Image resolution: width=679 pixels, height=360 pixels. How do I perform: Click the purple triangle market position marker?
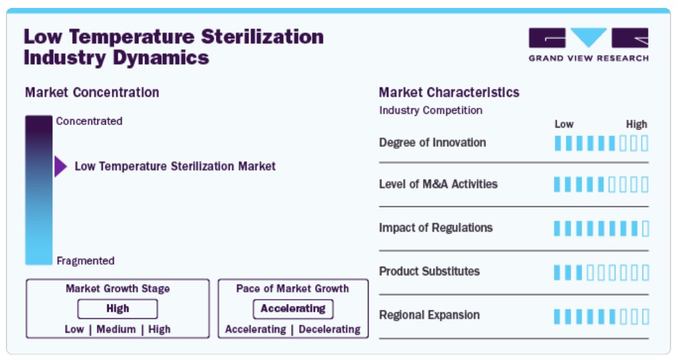pyautogui.click(x=60, y=166)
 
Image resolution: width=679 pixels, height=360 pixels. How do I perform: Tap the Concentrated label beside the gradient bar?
pyautogui.click(x=89, y=121)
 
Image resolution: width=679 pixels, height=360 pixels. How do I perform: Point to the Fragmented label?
pyautogui.click(x=86, y=261)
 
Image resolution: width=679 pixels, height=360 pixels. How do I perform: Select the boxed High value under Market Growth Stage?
pyautogui.click(x=117, y=309)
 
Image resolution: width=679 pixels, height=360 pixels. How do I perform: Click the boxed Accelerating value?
pyautogui.click(x=293, y=309)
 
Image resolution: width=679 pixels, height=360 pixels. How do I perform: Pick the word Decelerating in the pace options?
pyautogui.click(x=330, y=330)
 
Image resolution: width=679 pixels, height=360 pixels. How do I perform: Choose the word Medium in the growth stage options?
pyautogui.click(x=116, y=330)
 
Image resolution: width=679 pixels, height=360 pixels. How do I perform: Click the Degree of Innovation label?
pyautogui.click(x=432, y=142)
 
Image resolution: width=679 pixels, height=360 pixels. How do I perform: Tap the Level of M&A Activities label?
pyautogui.click(x=438, y=184)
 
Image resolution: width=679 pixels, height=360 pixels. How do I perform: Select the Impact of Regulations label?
pyautogui.click(x=435, y=228)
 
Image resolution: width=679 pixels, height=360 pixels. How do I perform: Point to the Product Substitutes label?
pyautogui.click(x=429, y=271)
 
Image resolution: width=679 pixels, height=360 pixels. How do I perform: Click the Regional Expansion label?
pyautogui.click(x=429, y=315)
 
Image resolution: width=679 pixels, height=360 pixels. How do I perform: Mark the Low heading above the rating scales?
pyautogui.click(x=564, y=124)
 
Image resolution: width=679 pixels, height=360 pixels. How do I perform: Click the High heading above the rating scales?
pyautogui.click(x=637, y=124)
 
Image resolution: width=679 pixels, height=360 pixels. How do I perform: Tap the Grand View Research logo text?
pyautogui.click(x=588, y=58)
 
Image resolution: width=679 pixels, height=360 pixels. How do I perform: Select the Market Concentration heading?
pyautogui.click(x=92, y=92)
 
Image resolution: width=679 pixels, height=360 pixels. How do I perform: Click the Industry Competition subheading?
pyautogui.click(x=430, y=111)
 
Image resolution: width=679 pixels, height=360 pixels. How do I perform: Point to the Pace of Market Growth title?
pyautogui.click(x=293, y=289)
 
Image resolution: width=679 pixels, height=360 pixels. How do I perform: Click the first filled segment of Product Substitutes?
pyautogui.click(x=557, y=273)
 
